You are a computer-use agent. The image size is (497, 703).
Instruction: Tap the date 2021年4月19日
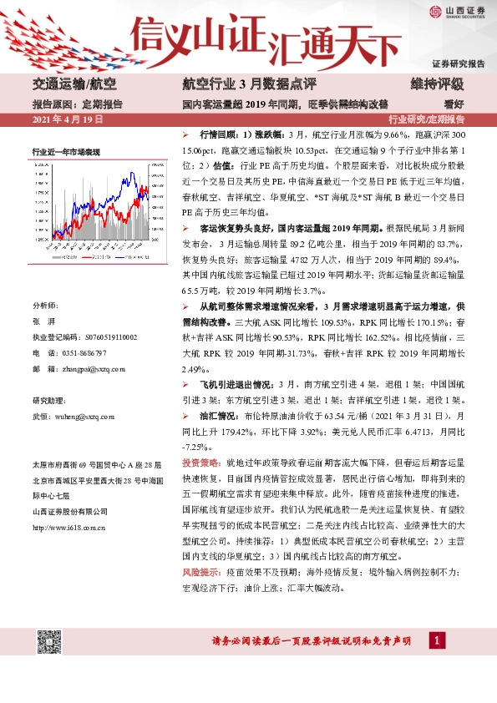[x=67, y=120]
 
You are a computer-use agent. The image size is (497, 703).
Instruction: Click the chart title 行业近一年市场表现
[x=66, y=151]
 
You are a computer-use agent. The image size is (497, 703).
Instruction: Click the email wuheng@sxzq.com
[x=84, y=415]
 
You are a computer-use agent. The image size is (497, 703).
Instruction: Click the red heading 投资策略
[x=200, y=462]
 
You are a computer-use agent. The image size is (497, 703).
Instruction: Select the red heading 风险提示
[x=200, y=575]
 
